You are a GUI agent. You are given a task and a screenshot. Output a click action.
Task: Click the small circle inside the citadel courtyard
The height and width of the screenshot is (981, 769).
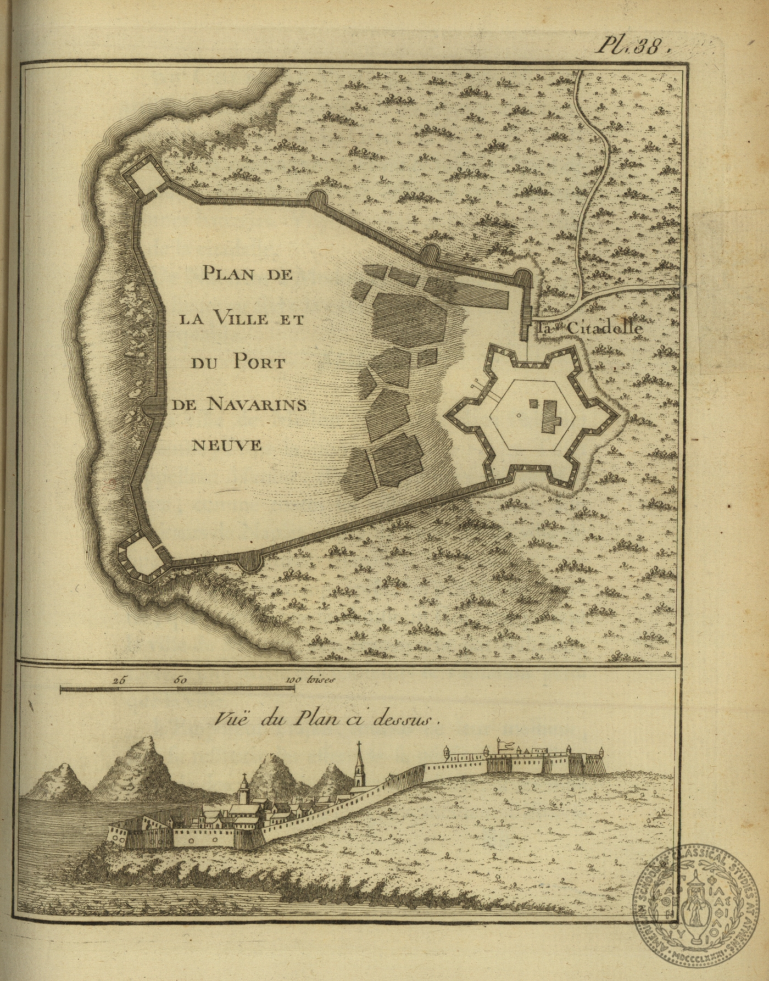tap(519, 416)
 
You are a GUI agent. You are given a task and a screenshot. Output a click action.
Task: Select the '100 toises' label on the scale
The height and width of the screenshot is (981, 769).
tap(309, 679)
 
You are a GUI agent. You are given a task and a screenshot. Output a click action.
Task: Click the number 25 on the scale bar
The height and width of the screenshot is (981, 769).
tap(119, 679)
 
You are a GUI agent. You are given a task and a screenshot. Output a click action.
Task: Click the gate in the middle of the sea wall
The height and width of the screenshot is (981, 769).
tap(153, 406)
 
